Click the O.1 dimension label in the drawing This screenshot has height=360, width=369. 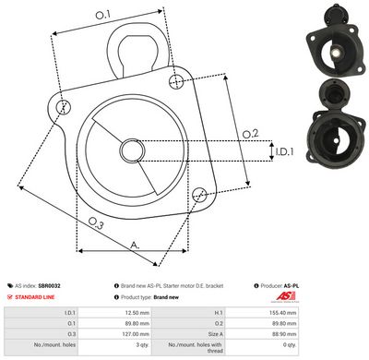coord(102,14)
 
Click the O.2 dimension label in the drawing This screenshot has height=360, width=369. coord(250,134)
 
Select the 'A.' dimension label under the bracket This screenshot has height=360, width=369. coord(135,245)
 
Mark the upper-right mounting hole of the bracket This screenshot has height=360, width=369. coord(176,82)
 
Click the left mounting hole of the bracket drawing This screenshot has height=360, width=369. coord(63,107)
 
